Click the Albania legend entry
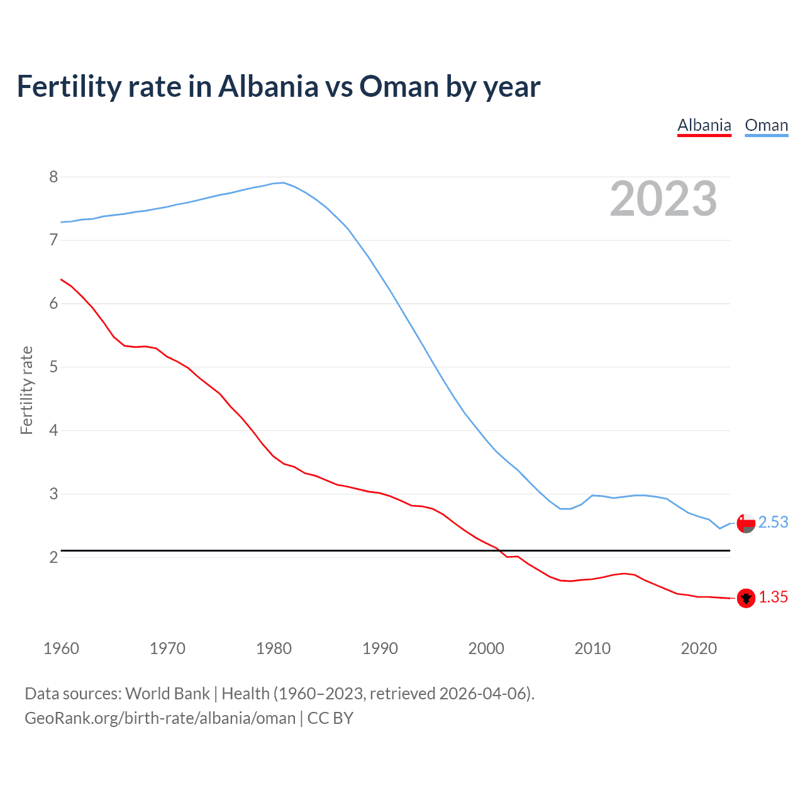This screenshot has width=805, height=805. click(704, 126)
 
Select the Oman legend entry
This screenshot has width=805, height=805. click(766, 126)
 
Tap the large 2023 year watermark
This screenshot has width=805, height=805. click(663, 199)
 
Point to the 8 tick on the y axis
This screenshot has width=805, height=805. click(53, 177)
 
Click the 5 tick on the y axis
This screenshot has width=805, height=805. click(53, 367)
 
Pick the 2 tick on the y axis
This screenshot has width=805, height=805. click(53, 557)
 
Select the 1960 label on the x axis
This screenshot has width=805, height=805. click(61, 648)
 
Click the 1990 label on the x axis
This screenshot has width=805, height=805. click(380, 648)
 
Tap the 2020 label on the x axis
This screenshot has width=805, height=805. click(699, 648)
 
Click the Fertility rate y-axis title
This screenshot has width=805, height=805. click(26, 390)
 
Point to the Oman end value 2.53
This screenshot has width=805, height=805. click(773, 523)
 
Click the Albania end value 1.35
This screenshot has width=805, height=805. click(773, 597)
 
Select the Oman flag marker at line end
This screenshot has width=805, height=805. click(746, 523)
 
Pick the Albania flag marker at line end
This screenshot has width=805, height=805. click(746, 598)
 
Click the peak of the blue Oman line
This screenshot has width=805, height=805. click(284, 183)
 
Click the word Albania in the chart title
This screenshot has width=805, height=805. click(268, 87)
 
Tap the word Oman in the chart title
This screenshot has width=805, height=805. click(399, 87)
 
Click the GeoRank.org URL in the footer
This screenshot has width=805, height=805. click(160, 718)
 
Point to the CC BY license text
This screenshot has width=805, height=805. click(330, 718)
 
